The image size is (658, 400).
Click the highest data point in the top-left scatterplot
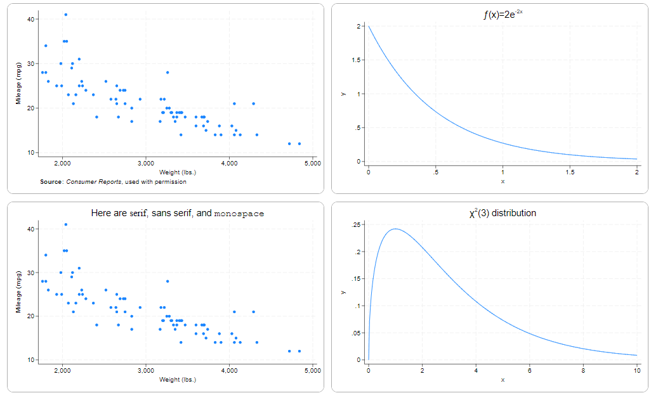[66, 14]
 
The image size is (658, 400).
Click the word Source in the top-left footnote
[51, 182]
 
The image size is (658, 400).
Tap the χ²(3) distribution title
[502, 213]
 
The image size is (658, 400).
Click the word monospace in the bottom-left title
[239, 214]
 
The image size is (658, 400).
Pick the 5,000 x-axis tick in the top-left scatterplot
[313, 164]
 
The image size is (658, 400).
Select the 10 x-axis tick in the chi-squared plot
[637, 370]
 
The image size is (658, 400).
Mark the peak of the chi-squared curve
[395, 229]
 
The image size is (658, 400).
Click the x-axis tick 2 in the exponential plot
[637, 172]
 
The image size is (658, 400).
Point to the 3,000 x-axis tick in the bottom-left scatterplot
[146, 370]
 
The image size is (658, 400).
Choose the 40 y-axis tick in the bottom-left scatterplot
[31, 228]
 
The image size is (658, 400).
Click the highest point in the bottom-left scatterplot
[66, 224]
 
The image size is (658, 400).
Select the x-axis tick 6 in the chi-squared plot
[529, 370]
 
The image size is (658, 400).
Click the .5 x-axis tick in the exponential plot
[435, 172]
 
